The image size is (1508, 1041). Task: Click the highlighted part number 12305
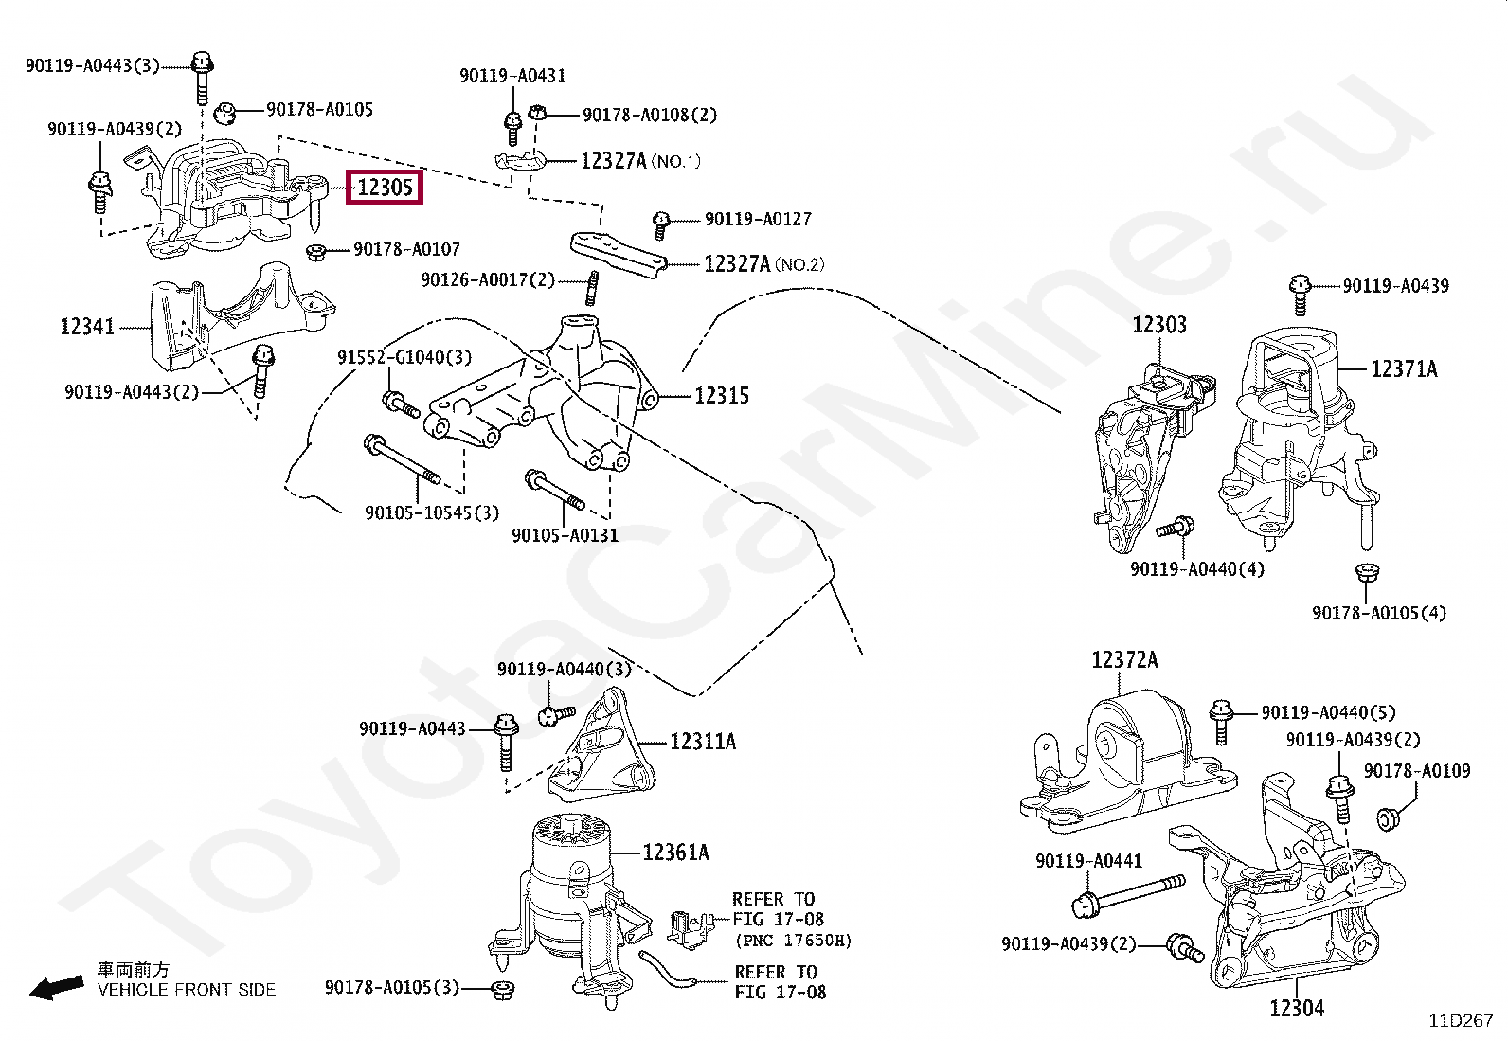coord(386,188)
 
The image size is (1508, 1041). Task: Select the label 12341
coord(87,327)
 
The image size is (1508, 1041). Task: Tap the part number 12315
coord(722,396)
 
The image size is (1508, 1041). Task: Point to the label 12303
coord(1159,325)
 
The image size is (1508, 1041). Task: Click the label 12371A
coord(1404,368)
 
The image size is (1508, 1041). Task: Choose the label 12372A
coord(1124,659)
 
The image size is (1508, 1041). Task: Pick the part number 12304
coord(1297,1008)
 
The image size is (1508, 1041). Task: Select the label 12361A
coord(675,853)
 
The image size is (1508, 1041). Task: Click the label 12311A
coord(703,742)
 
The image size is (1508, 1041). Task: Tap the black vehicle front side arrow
coord(56,988)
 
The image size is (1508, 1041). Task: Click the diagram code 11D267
coord(1461,1020)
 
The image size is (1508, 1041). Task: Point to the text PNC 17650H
coord(794,941)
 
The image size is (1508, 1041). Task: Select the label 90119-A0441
coord(1088,860)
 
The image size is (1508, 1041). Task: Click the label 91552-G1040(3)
coord(404,357)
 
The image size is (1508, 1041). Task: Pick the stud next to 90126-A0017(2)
coord(592,287)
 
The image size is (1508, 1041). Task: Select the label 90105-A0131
coord(565,535)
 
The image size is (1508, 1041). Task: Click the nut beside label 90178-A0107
coord(316,252)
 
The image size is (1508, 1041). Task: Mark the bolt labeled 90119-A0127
coord(661,224)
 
